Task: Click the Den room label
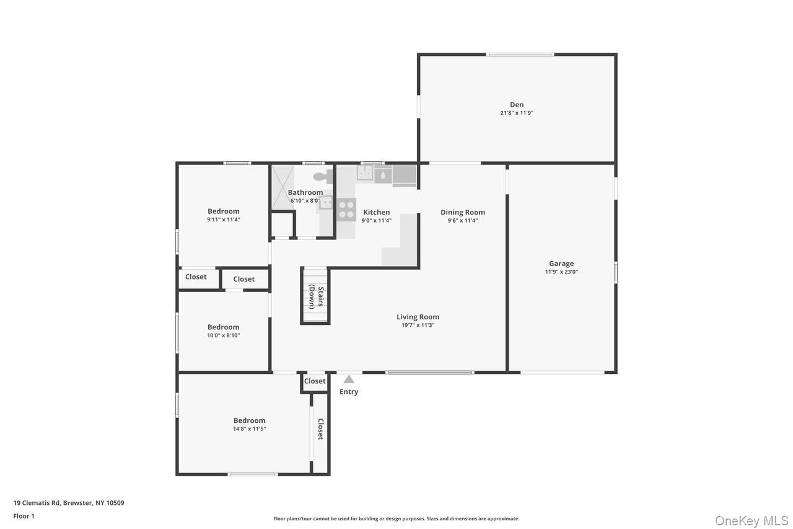[517, 105]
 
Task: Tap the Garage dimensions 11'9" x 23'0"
[561, 272]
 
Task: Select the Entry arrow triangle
[349, 379]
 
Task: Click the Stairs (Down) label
[316, 297]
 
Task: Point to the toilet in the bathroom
[322, 177]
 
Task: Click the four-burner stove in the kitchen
[346, 210]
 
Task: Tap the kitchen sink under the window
[365, 174]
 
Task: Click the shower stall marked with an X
[283, 187]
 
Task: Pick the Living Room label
[418, 317]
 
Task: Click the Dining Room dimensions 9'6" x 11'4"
[463, 221]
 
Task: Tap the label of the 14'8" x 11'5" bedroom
[249, 420]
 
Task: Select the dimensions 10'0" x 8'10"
[223, 336]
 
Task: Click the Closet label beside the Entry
[315, 381]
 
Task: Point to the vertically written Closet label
[320, 429]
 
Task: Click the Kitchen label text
[376, 212]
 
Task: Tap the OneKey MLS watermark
[751, 520]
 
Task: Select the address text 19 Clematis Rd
[68, 503]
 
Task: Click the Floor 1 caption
[24, 516]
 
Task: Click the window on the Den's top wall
[519, 55]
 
